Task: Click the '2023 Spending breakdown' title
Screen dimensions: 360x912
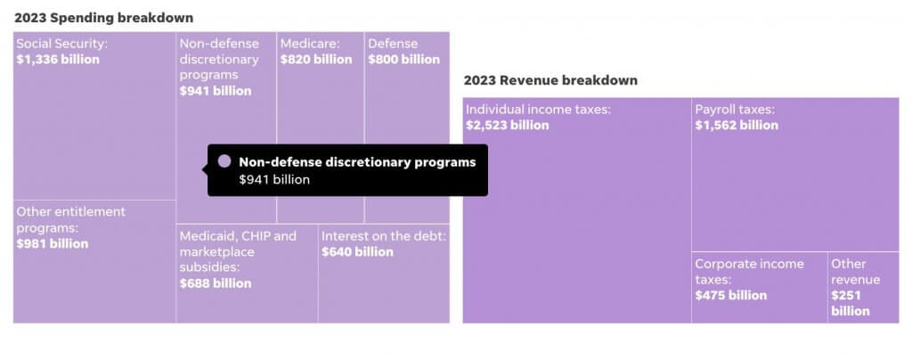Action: [x=103, y=18]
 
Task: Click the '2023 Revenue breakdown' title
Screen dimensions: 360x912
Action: [x=550, y=80]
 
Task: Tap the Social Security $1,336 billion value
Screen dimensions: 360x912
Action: [x=58, y=60]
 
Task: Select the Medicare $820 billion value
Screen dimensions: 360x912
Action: [x=316, y=60]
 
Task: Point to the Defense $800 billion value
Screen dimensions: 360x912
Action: [x=403, y=60]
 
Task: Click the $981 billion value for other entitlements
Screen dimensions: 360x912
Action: [x=53, y=244]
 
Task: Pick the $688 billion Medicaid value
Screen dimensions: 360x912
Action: [x=216, y=283]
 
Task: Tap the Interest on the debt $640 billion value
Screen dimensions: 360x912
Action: [x=357, y=252]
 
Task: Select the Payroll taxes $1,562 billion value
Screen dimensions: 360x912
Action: [x=737, y=126]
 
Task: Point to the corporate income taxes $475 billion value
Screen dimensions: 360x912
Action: [x=730, y=296]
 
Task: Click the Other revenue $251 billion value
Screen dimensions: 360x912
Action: [x=851, y=303]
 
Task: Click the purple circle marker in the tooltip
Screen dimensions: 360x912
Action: [x=224, y=161]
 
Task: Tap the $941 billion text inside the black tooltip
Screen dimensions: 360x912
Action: [x=274, y=180]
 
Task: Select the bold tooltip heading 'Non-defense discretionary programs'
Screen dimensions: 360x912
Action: [x=357, y=162]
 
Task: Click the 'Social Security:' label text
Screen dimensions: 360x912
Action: [x=61, y=44]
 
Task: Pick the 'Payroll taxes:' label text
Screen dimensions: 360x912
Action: [x=735, y=110]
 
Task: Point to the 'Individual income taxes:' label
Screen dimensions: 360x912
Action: [x=538, y=110]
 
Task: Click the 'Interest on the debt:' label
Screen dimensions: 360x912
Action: [x=384, y=236]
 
